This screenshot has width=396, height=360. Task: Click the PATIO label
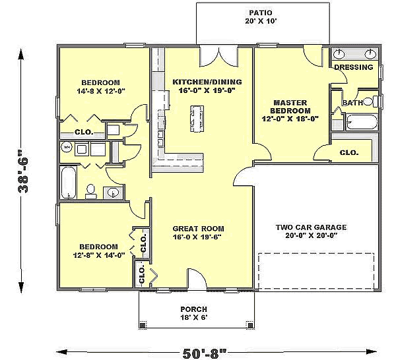261,13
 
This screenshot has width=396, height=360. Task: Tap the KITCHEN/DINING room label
207,82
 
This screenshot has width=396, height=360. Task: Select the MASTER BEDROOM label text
290,107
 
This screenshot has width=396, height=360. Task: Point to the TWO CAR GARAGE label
311,227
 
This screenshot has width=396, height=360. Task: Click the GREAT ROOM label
198,229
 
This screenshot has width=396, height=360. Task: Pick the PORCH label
193,309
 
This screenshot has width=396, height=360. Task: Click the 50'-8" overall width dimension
205,353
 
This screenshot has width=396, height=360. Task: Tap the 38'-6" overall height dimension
24,173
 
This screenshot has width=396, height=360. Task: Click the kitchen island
197,119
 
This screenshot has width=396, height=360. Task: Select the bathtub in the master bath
362,123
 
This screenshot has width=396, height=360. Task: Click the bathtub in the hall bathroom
69,183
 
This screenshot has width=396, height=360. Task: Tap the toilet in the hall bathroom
90,192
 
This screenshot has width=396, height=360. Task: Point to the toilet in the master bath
371,102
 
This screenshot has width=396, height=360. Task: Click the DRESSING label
354,67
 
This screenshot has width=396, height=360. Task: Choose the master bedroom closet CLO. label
349,152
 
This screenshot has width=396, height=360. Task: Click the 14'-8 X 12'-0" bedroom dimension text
101,91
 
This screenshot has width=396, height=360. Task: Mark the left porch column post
143,325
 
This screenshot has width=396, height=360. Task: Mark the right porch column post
250,325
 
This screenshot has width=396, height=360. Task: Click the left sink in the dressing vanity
339,53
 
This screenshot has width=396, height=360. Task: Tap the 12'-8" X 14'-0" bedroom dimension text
99,255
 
